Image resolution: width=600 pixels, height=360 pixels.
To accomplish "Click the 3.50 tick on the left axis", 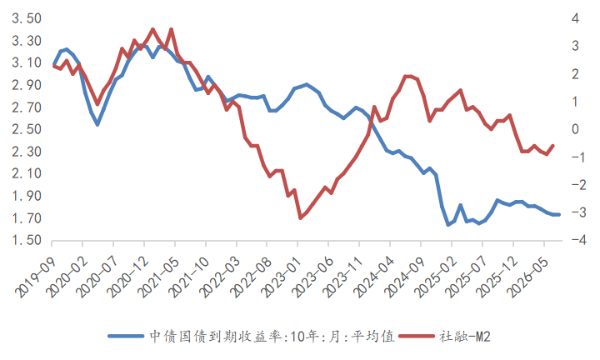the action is point(27,18).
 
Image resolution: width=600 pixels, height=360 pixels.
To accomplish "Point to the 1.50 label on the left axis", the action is point(27,240).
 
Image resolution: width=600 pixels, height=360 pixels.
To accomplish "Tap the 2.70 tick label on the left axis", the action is point(27,107).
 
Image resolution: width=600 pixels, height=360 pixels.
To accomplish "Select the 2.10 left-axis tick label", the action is point(27,173).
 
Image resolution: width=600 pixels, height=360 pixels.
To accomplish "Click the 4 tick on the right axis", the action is point(576,18).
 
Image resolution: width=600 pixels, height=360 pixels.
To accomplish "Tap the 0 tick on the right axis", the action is point(576,129).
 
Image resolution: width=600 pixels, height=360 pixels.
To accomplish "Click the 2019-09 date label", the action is point(35,277).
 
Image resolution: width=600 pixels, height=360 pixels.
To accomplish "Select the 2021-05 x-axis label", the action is point(158,277).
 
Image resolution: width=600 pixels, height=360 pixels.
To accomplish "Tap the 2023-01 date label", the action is point(282,277).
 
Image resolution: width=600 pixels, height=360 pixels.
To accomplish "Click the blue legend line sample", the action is point(126,337).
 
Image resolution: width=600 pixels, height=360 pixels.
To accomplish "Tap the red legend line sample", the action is point(417,337).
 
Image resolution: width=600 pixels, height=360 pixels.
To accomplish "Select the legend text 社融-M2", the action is point(465,337).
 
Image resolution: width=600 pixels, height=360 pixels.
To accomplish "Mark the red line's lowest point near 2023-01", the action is point(300,217).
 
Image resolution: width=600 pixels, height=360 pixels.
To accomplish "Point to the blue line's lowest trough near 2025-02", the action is point(448,224).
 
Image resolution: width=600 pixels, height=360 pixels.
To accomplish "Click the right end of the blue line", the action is point(558,215).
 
